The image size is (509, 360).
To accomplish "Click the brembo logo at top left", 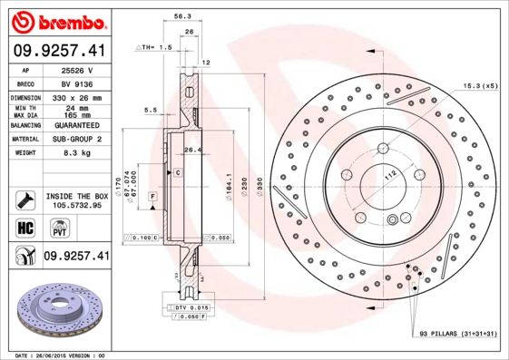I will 57,20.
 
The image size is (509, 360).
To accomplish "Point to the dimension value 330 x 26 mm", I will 76,97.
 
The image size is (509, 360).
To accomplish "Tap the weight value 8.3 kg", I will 76,155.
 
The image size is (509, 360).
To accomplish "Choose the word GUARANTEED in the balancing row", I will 76,126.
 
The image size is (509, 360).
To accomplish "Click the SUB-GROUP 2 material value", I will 76,141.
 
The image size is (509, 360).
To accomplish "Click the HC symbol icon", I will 25,227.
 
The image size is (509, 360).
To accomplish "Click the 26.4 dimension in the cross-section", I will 192,150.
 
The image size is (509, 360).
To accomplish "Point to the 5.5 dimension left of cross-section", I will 151,111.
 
